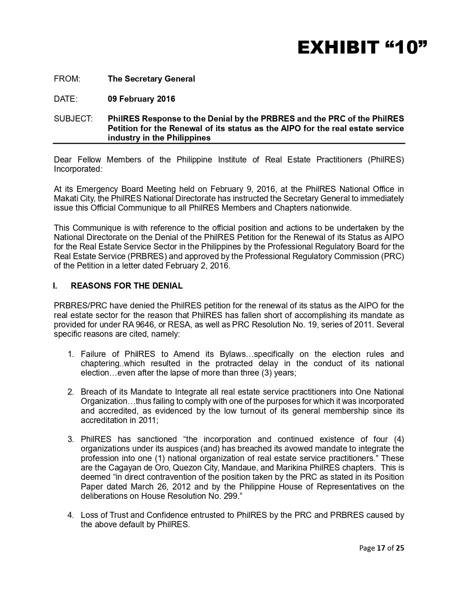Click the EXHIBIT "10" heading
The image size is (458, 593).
362,48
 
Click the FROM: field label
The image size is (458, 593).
67,79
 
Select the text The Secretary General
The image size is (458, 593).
151,79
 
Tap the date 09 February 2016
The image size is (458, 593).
141,99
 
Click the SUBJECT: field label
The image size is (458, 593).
73,119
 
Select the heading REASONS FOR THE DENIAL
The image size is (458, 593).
126,286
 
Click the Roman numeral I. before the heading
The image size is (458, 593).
55,286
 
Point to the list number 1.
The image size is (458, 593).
71,354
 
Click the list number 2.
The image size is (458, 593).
71,392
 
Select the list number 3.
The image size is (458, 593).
71,439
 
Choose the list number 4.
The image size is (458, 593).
71,515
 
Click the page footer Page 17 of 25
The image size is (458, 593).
381,548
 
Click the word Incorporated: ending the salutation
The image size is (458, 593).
78,169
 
